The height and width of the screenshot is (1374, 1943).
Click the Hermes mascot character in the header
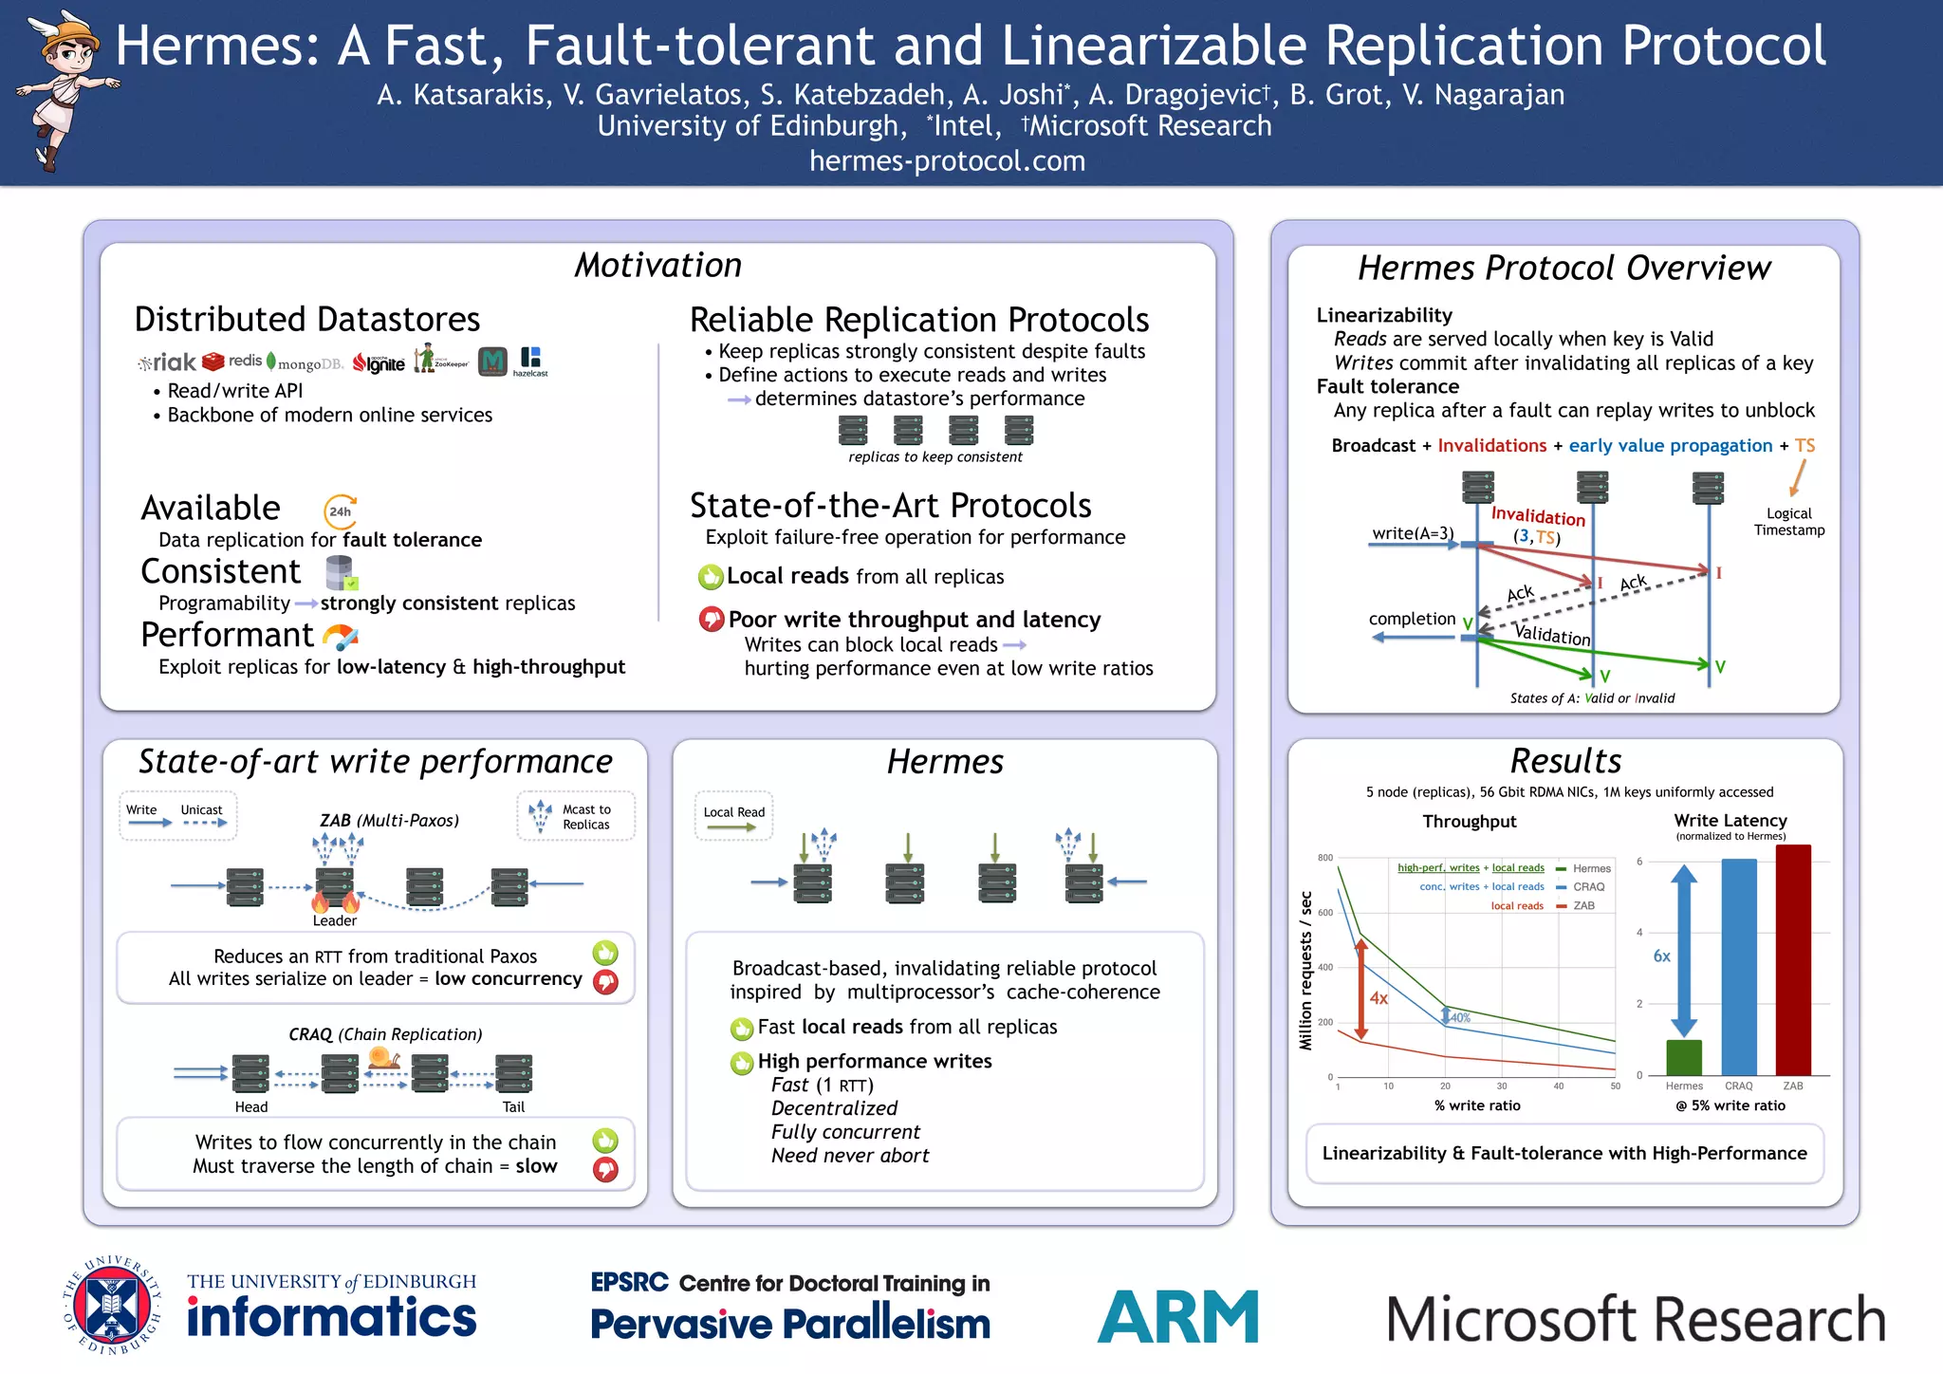[x=65, y=90]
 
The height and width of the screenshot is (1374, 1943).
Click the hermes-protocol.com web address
[x=947, y=161]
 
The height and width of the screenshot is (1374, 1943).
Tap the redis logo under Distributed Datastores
[x=232, y=362]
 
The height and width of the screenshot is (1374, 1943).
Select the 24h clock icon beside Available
[x=340, y=511]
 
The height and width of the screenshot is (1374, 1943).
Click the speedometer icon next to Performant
[x=341, y=636]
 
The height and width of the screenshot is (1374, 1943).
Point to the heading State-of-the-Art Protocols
[x=890, y=506]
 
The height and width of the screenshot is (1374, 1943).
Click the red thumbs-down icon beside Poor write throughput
[x=711, y=620]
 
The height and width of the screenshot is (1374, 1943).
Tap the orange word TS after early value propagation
[x=1804, y=446]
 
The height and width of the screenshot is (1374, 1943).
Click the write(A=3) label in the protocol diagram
[x=1413, y=533]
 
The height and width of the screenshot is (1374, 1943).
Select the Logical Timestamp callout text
[x=1788, y=522]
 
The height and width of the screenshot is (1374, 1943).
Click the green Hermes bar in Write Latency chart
[x=1684, y=1057]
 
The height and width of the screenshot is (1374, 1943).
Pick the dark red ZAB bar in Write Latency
[x=1793, y=959]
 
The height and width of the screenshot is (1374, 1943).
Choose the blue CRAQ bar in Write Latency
[x=1738, y=966]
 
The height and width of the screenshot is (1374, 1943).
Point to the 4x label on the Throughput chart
[x=1379, y=998]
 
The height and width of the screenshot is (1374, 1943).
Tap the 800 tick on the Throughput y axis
[x=1325, y=858]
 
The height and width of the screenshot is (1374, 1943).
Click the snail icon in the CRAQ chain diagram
[x=383, y=1058]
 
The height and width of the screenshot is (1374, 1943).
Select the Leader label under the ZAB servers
[x=335, y=920]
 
